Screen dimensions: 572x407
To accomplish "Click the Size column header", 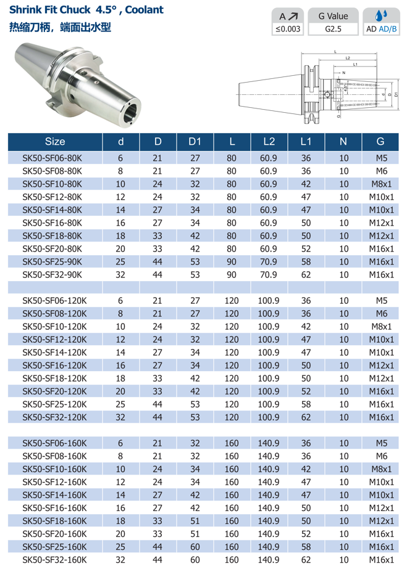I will (x=54, y=141).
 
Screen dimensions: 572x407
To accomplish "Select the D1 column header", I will (x=195, y=141).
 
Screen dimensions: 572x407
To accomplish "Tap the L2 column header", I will (x=269, y=141).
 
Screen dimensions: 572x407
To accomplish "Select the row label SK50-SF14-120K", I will (x=54, y=353).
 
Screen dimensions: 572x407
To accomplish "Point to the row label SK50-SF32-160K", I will (x=54, y=560).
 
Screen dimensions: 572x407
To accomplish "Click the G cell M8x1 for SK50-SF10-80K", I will (x=380, y=184).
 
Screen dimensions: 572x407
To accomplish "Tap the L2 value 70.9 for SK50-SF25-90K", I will (x=269, y=262).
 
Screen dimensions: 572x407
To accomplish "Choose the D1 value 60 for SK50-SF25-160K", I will (x=195, y=547).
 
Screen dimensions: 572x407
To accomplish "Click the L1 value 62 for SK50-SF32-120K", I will (x=306, y=417).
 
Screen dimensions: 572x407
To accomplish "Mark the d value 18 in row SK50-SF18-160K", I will (x=120, y=521).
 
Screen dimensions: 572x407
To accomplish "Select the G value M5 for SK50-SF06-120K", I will (x=380, y=301).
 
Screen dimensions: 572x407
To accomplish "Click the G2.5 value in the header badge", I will (x=333, y=28).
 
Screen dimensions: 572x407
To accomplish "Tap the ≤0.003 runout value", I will (x=288, y=28).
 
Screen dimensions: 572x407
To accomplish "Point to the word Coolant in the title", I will (x=143, y=10).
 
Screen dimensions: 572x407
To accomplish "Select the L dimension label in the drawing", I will (x=335, y=51).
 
